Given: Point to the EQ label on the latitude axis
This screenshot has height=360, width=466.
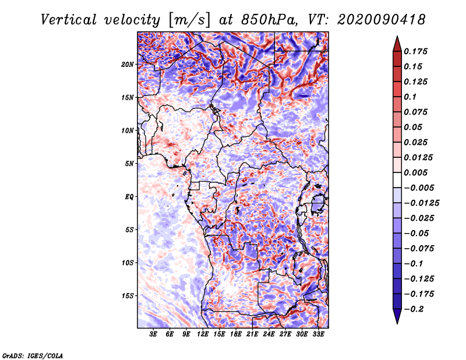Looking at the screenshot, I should coord(129,196).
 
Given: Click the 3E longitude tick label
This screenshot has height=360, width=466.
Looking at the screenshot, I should coord(154,334).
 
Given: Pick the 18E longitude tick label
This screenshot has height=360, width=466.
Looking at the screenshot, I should coord(236,334).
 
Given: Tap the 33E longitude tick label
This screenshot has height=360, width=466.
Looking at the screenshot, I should coord(317,334).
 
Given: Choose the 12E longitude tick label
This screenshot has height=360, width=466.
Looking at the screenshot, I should coord(203,334).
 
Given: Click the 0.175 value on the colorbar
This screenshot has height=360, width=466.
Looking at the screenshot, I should coord(416,51).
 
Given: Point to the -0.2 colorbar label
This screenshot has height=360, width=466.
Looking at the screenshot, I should coord(415,309).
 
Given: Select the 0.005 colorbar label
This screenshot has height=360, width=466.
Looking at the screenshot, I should coord(416,172).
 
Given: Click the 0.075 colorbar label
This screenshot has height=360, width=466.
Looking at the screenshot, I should coord(416,112).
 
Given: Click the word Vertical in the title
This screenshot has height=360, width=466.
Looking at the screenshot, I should coord(69,19).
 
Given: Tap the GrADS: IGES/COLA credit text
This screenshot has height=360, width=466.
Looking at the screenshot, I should coord(32,355).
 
